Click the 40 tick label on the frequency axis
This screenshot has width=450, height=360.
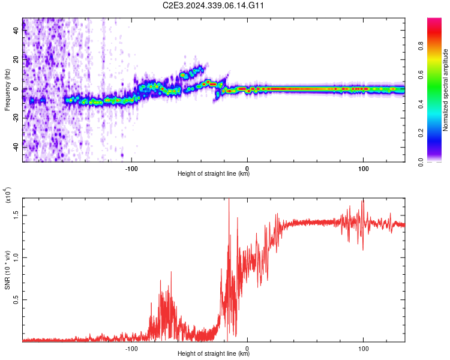(x=16, y=32)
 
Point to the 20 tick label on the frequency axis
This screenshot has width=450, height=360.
(x=16, y=61)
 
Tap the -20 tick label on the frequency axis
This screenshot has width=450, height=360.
(x=15, y=118)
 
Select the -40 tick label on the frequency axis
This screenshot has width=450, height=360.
(x=15, y=147)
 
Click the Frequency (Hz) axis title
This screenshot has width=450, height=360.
(x=7, y=90)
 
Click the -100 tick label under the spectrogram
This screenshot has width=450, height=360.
(x=132, y=169)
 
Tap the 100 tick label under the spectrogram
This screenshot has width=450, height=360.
(x=363, y=169)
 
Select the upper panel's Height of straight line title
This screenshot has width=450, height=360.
(x=214, y=174)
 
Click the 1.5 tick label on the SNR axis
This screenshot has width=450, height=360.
(x=16, y=214)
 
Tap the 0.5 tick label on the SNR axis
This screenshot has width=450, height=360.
(x=16, y=299)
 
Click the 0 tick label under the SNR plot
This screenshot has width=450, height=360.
(x=248, y=348)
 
